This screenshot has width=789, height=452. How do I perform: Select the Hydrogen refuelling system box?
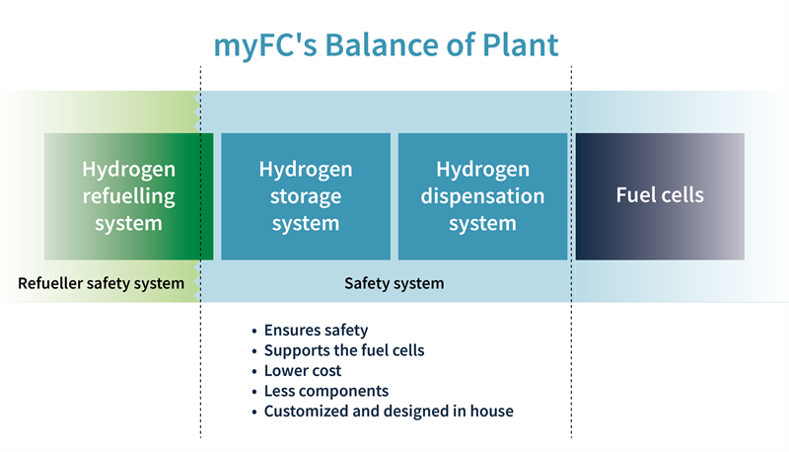tap(128, 195)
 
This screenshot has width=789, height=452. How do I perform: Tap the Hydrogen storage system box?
tap(306, 195)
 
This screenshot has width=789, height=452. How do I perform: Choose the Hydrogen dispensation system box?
tap(482, 195)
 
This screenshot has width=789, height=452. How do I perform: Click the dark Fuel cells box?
tap(660, 195)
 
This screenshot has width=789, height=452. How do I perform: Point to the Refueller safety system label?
tap(101, 284)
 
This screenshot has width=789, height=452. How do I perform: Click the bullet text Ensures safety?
tap(316, 331)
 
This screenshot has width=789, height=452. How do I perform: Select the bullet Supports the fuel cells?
tap(344, 350)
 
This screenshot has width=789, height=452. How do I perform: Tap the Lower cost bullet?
tap(303, 371)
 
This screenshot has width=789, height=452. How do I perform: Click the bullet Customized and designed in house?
tap(389, 412)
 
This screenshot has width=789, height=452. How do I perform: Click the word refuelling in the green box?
tap(128, 195)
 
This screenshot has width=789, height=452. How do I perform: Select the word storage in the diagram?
tap(306, 195)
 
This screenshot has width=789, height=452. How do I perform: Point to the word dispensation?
tap(482, 195)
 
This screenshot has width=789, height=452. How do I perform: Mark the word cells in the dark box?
tap(681, 195)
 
